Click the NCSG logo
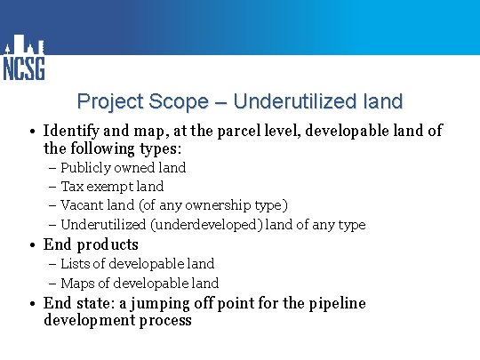[23, 59]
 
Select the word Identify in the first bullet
[73, 132]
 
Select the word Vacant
[83, 205]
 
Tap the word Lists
[76, 264]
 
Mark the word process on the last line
[163, 320]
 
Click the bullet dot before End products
[31, 244]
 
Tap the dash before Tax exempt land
[52, 187]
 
